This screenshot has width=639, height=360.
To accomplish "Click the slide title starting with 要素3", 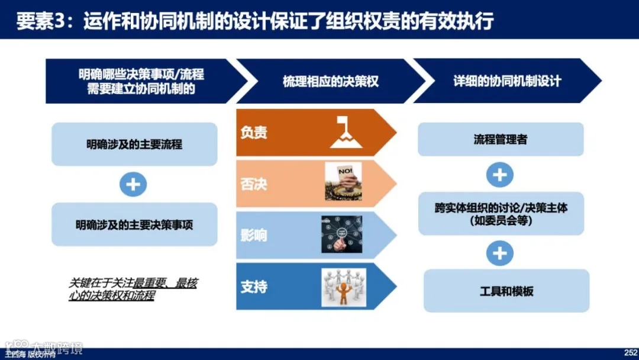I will [x=254, y=21].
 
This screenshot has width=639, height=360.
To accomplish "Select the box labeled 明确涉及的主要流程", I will [x=134, y=144].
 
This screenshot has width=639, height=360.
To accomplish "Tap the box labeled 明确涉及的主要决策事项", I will [x=134, y=225].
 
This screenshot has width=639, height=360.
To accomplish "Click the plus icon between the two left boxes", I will [x=134, y=184].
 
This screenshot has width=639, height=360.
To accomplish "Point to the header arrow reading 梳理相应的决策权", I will [x=330, y=81].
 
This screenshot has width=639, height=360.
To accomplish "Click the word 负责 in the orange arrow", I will [x=254, y=133].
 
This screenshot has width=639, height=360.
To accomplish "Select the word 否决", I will [x=254, y=184].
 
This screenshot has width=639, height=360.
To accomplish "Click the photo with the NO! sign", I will [x=343, y=182].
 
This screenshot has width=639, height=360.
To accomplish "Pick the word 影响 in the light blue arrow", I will [x=254, y=235].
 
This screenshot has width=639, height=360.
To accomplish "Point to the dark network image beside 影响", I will [x=341, y=234].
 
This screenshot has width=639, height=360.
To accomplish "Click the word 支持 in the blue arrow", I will [x=254, y=287].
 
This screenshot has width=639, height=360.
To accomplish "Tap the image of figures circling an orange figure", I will [x=344, y=287].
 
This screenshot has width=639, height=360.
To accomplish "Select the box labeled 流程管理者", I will [x=501, y=140].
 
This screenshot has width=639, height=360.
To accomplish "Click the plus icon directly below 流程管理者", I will [x=500, y=175].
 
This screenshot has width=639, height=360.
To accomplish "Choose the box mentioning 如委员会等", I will [x=501, y=214].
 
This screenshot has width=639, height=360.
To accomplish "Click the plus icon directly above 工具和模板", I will [x=500, y=253].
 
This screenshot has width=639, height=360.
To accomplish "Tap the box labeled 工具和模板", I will [x=506, y=291].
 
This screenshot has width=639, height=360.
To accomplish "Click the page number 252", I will [x=630, y=352].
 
